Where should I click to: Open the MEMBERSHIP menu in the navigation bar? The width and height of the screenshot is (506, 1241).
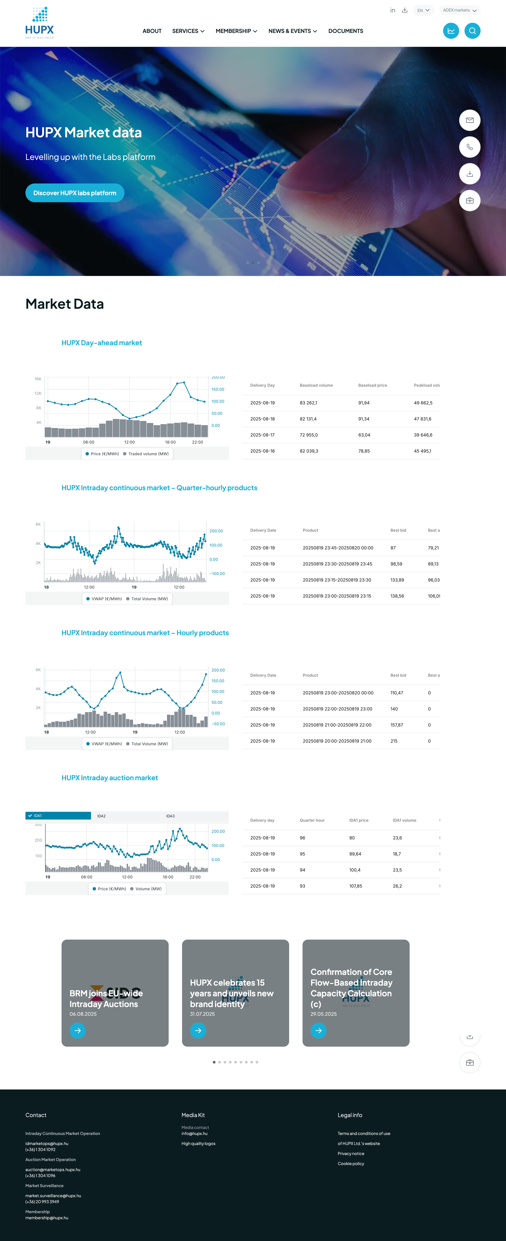[x=236, y=31]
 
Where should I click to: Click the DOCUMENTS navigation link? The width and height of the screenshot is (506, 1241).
[x=346, y=31]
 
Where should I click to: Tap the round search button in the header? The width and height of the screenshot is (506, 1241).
[x=472, y=31]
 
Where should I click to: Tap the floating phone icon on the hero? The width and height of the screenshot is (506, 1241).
[x=469, y=147]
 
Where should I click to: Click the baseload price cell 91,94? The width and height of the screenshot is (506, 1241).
[x=364, y=403]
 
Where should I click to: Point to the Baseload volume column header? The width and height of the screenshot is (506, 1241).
[x=316, y=385]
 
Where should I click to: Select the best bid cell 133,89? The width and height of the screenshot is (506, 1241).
[x=397, y=580]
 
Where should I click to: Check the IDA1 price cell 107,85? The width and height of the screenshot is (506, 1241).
[x=356, y=886]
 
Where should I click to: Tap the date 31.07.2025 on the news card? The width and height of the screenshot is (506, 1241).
[x=202, y=1014]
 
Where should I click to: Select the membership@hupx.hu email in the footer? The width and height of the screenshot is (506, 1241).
[x=47, y=1218]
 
